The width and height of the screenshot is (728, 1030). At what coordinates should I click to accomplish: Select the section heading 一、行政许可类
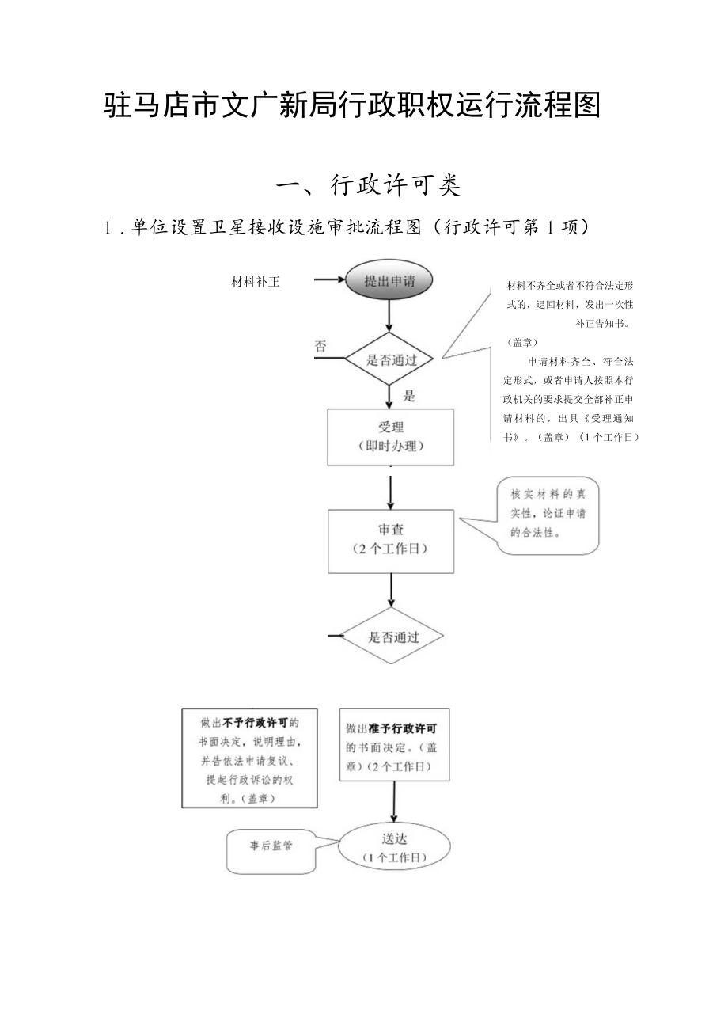click(368, 186)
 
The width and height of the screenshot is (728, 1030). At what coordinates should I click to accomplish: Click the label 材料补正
click(255, 282)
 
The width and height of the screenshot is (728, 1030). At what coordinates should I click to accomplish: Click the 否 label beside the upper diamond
click(320, 346)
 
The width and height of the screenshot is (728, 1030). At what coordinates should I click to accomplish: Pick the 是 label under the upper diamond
click(409, 395)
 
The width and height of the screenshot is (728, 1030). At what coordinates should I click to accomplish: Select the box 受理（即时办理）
click(391, 436)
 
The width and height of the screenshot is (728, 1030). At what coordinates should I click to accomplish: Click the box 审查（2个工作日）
click(391, 540)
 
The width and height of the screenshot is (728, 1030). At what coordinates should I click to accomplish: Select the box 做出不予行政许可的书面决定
click(249, 758)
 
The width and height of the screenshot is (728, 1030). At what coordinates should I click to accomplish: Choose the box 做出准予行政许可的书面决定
click(393, 744)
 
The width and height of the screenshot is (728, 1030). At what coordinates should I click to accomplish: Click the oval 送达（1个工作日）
click(394, 845)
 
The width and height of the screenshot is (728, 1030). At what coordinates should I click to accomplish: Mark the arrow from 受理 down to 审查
click(391, 491)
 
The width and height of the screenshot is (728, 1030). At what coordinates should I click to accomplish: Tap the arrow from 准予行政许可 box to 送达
click(393, 801)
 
